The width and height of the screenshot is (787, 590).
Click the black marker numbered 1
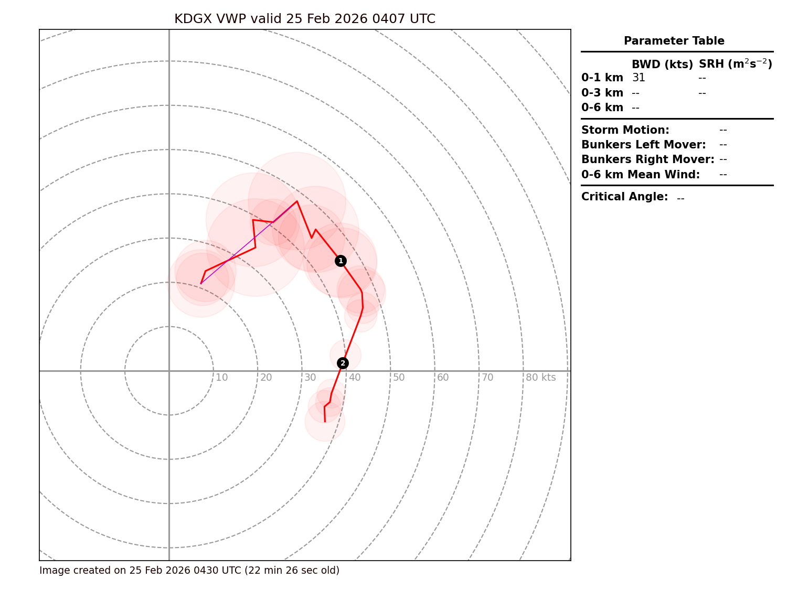click(x=341, y=261)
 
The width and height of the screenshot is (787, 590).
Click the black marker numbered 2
click(x=343, y=363)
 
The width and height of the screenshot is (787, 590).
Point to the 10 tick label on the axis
click(x=222, y=378)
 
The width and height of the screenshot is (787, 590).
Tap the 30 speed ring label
click(x=310, y=378)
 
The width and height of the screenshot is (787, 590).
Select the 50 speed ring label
click(x=399, y=378)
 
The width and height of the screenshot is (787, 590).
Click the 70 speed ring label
click(x=487, y=378)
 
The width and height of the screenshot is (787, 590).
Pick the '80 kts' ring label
click(x=540, y=378)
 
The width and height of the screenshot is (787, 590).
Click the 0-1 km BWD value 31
click(x=639, y=78)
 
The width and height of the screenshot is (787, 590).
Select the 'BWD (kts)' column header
click(x=662, y=65)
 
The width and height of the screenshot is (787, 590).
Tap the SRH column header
click(x=735, y=64)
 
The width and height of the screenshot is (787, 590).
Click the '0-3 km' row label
click(x=602, y=93)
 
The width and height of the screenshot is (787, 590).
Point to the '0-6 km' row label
click(x=602, y=108)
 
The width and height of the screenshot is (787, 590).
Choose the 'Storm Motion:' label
click(x=625, y=130)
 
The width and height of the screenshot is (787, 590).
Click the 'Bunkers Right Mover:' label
click(x=648, y=159)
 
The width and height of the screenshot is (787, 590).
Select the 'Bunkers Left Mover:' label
click(x=644, y=145)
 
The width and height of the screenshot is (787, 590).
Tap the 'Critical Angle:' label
click(x=625, y=197)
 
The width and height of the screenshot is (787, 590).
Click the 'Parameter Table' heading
click(x=674, y=41)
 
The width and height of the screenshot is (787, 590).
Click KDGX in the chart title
click(x=193, y=19)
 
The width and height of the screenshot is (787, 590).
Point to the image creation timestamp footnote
click(x=189, y=570)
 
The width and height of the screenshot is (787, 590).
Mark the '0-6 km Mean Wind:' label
click(x=641, y=175)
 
